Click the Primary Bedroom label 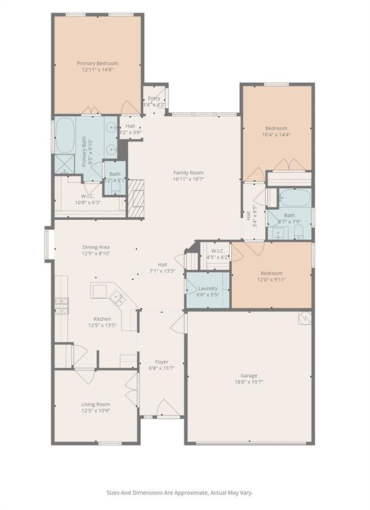tap(98, 63)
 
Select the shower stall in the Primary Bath tap(64, 164)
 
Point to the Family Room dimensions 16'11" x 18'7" tap(189, 179)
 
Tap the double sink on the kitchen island tap(117, 299)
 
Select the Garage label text tap(249, 375)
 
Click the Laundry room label tap(207, 288)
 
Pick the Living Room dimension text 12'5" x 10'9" tap(96, 410)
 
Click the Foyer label tap(161, 362)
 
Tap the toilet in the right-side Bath tap(299, 232)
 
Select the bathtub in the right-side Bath tap(292, 199)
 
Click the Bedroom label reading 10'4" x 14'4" tap(276, 135)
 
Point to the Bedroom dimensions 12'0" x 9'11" tap(271, 280)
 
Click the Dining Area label tap(96, 246)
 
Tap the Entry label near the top tap(154, 98)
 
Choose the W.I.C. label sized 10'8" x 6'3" tap(87, 203)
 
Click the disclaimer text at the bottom tap(179, 493)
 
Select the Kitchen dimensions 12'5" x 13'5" tap(102, 325)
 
